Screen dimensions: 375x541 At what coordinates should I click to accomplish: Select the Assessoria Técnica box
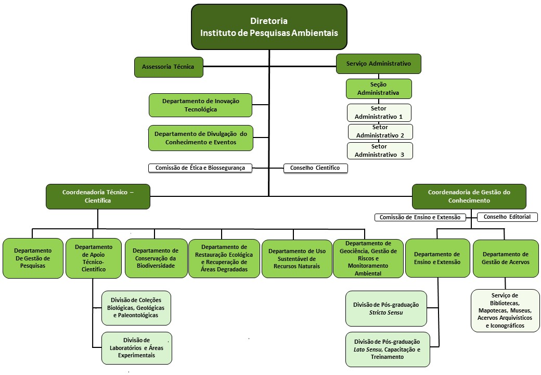168,67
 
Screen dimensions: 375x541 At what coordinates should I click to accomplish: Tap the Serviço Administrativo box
378,64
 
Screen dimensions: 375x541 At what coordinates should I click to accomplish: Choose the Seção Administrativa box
378,89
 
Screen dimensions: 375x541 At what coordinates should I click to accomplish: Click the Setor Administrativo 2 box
380,131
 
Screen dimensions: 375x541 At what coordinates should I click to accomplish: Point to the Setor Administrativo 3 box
380,151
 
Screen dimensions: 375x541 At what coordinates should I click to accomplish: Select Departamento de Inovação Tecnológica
200,105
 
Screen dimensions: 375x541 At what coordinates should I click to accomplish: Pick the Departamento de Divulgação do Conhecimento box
200,138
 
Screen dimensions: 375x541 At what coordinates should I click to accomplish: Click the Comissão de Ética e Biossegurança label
200,168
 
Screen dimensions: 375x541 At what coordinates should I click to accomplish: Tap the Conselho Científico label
315,168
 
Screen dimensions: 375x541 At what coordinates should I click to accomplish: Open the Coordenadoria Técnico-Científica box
98,196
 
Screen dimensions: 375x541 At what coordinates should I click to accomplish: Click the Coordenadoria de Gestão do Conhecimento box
469,196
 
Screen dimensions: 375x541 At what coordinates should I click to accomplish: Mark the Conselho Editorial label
507,217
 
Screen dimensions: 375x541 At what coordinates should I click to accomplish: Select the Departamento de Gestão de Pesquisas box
33,258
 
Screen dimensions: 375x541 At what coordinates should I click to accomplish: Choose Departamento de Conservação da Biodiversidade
155,258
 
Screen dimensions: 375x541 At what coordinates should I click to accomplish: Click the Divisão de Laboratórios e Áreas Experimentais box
136,348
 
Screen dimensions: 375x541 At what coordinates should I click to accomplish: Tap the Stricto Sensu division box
386,308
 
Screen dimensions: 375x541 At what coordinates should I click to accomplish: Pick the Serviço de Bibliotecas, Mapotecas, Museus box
505,310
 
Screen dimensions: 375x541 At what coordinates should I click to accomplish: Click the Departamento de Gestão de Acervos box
506,258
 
